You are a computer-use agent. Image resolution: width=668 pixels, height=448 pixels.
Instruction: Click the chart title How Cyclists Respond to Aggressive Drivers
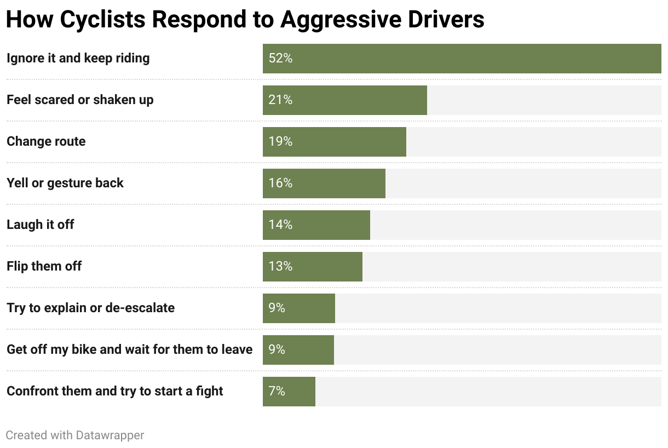tap(245, 19)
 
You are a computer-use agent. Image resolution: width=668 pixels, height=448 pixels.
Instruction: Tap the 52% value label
tap(280, 59)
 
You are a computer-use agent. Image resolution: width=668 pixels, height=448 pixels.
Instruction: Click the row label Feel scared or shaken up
tap(80, 100)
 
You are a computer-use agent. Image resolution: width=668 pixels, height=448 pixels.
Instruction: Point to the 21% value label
tap(280, 100)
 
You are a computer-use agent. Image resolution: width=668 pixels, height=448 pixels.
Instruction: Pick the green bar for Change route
tap(350, 142)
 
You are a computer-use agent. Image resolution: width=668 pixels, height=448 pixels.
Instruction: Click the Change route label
tap(46, 142)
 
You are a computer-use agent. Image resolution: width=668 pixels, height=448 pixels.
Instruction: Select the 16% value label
tap(280, 183)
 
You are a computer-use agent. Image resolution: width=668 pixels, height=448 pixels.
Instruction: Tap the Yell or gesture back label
tap(65, 183)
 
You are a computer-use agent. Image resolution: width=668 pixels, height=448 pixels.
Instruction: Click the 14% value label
tap(280, 225)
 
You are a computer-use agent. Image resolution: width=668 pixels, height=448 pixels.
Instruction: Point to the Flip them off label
tap(44, 267)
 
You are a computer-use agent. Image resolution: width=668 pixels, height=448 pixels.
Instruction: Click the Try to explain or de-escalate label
tap(90, 308)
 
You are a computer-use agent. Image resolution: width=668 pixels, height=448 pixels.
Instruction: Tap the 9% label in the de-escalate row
tap(277, 308)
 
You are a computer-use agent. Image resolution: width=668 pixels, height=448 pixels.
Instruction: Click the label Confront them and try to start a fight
tap(115, 392)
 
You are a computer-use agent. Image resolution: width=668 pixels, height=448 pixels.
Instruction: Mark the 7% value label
tap(277, 392)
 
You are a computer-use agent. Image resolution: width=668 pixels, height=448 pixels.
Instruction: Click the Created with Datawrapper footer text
tap(75, 435)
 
